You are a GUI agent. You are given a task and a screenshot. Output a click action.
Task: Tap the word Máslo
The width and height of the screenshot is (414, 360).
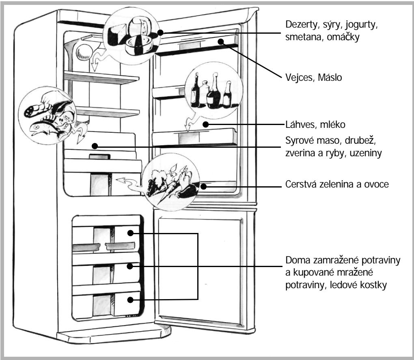click(330, 78)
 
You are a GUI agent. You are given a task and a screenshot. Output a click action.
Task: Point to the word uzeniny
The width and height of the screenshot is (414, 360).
click(366, 153)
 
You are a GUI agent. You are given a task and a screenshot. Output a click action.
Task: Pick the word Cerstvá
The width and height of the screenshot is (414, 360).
click(301, 184)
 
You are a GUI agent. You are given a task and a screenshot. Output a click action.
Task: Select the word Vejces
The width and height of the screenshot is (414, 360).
click(300, 78)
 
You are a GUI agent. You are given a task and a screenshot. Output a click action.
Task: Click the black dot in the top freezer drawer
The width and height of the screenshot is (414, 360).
click(130, 233)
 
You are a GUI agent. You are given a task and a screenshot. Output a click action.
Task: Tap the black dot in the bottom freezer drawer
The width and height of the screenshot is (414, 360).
click(130, 300)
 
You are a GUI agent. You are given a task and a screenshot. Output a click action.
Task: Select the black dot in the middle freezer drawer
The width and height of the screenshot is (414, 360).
click(129, 266)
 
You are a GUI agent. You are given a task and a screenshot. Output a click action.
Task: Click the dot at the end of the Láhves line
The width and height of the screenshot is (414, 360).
click(206, 124)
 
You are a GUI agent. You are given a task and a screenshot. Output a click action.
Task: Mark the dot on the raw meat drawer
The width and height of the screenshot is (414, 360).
click(95, 146)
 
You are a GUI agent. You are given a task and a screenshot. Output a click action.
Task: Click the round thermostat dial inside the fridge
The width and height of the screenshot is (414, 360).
click(84, 52)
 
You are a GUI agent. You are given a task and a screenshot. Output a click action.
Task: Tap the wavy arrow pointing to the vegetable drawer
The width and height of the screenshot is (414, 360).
click(130, 183)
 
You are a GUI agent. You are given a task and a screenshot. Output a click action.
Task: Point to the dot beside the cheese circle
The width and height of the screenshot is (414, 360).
click(161, 32)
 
